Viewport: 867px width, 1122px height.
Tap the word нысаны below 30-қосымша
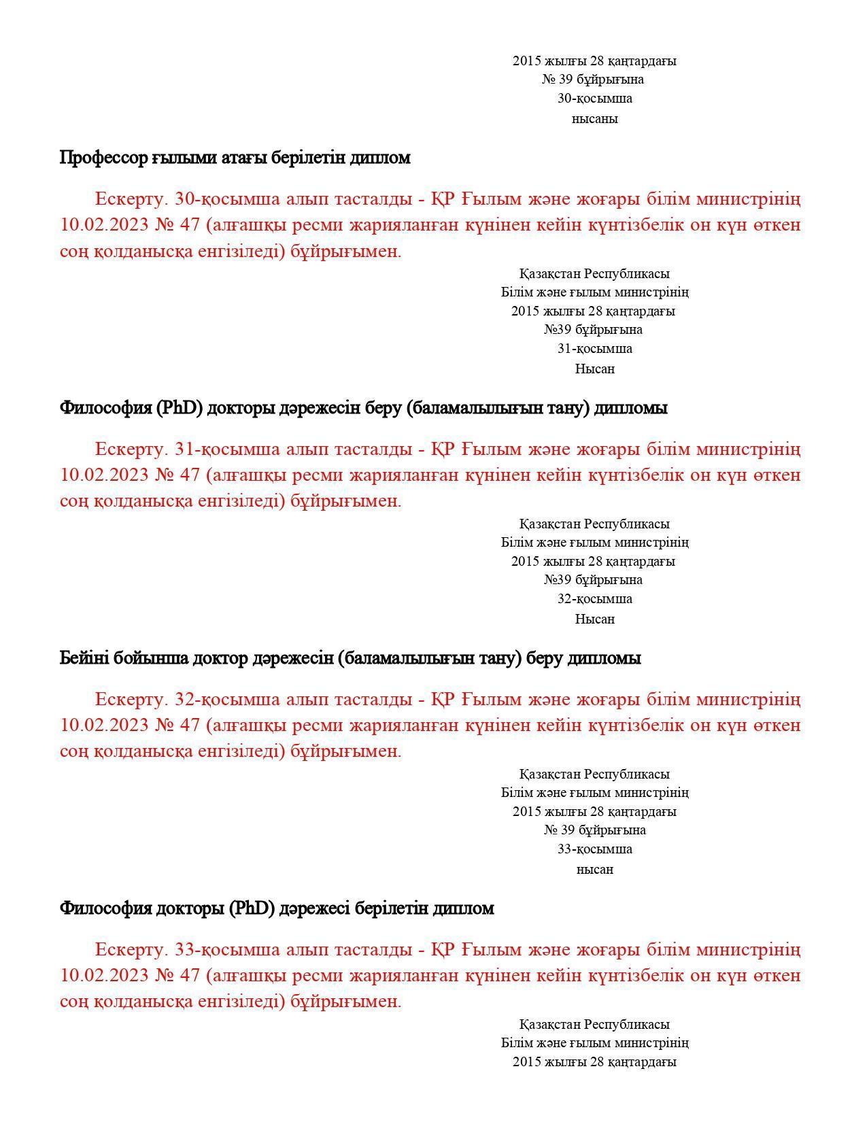(x=594, y=119)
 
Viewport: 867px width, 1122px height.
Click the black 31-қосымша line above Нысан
(x=594, y=349)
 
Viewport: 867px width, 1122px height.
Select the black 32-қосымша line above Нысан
(x=594, y=599)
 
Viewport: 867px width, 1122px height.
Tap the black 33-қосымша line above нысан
(x=594, y=849)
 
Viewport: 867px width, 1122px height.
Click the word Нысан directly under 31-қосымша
(x=594, y=369)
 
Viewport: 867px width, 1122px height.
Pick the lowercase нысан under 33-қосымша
(x=594, y=870)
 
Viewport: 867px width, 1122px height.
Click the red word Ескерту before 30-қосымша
(x=131, y=199)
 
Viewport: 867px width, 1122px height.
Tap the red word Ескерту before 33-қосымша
(x=131, y=949)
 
